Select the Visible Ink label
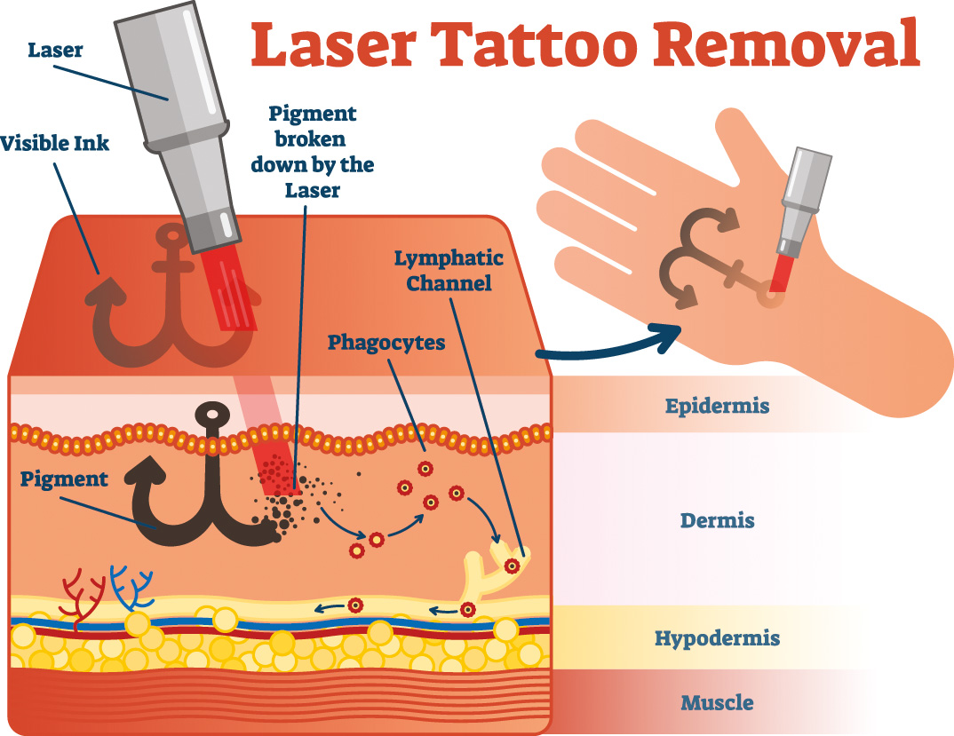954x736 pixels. (54, 142)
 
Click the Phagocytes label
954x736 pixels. (386, 343)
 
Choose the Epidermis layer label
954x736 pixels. (717, 407)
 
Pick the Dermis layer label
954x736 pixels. (717, 520)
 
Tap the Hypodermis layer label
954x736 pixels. (717, 637)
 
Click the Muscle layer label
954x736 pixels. (717, 703)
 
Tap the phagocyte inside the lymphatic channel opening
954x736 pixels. (512, 565)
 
